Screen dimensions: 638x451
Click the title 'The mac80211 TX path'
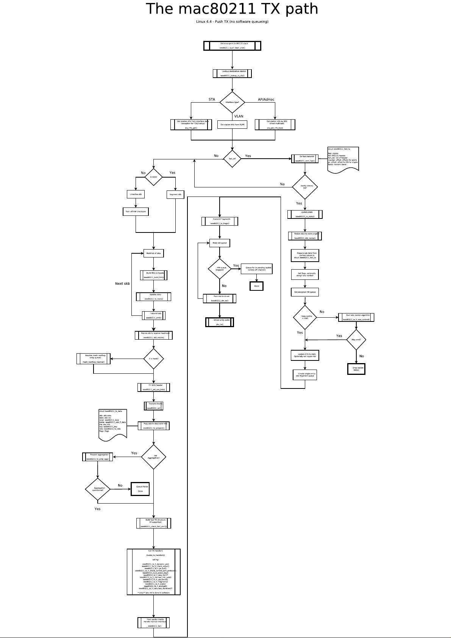click(x=232, y=9)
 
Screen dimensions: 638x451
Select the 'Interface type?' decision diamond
click(x=232, y=102)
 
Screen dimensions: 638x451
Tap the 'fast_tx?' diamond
click(x=232, y=159)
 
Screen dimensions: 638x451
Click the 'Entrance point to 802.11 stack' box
click(x=232, y=46)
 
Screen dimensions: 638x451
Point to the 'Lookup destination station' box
click(x=232, y=73)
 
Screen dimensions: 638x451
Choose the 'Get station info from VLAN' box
click(x=232, y=125)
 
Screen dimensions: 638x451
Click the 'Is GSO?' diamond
click(x=153, y=177)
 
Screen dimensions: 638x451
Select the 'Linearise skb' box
click(x=136, y=194)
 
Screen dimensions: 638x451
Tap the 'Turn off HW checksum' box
click(x=136, y=212)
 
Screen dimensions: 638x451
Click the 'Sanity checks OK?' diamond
click(x=305, y=187)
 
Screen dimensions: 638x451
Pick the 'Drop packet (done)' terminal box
click(x=356, y=369)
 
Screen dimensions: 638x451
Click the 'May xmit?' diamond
click(x=356, y=340)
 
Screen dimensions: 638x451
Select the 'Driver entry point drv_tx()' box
click(x=220, y=322)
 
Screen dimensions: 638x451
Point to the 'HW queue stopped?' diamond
click(x=220, y=269)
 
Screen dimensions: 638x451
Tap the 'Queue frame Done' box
click(x=140, y=489)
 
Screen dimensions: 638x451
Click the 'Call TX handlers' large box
click(x=153, y=572)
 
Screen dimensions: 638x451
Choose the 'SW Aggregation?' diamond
click(x=153, y=457)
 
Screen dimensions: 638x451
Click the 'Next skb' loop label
click(x=122, y=284)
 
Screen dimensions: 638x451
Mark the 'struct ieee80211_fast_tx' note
click(x=343, y=159)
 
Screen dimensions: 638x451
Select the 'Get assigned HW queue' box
click(x=305, y=292)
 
